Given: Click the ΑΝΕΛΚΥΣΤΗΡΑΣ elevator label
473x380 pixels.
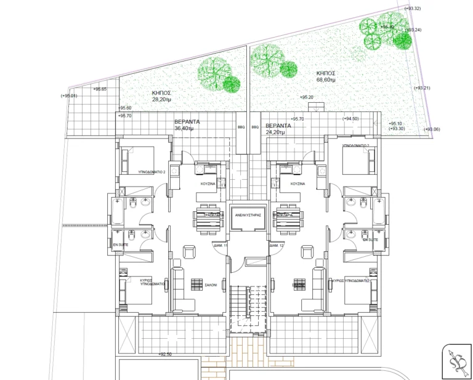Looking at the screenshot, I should click(x=248, y=216).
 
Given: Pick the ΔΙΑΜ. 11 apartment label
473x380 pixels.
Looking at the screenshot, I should click(x=220, y=246).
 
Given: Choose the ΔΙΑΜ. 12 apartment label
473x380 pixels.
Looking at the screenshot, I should click(x=276, y=246).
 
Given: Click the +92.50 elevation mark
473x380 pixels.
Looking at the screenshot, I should click(x=165, y=354).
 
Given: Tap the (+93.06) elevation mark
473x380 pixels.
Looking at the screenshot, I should click(x=432, y=129).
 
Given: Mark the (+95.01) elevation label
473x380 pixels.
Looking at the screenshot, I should click(x=69, y=96).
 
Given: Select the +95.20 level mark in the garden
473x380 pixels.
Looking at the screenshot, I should click(x=306, y=97).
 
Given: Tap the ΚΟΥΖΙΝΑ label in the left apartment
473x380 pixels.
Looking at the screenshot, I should click(x=207, y=184).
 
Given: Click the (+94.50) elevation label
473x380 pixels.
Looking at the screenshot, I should click(x=350, y=119).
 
